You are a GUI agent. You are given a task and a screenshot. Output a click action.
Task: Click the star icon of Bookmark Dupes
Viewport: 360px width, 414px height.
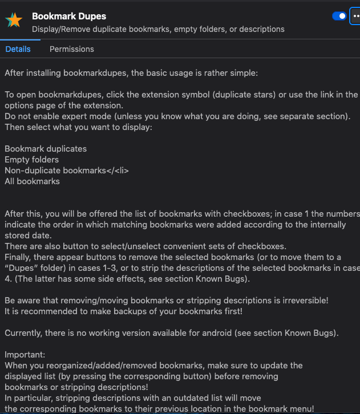pyautogui.click(x=14, y=21)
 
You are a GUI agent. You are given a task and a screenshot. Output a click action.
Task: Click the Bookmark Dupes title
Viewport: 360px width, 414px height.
pyautogui.click(x=68, y=16)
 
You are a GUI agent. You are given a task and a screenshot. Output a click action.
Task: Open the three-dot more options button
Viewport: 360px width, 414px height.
pyautogui.click(x=355, y=16)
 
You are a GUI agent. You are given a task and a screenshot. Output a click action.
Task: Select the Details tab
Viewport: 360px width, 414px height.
pyautogui.click(x=18, y=49)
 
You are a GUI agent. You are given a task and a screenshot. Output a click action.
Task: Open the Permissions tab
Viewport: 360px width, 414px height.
pyautogui.click(x=72, y=49)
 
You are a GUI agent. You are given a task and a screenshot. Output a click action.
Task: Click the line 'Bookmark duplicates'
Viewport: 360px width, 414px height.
pyautogui.click(x=46, y=149)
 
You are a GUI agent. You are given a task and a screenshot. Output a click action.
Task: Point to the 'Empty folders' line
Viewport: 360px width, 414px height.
pyautogui.click(x=31, y=160)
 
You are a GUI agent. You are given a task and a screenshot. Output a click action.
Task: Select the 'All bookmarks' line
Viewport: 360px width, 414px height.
pyautogui.click(x=32, y=181)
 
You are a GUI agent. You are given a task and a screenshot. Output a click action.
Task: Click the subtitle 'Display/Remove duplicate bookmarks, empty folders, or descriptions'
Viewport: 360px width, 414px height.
pyautogui.click(x=158, y=29)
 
